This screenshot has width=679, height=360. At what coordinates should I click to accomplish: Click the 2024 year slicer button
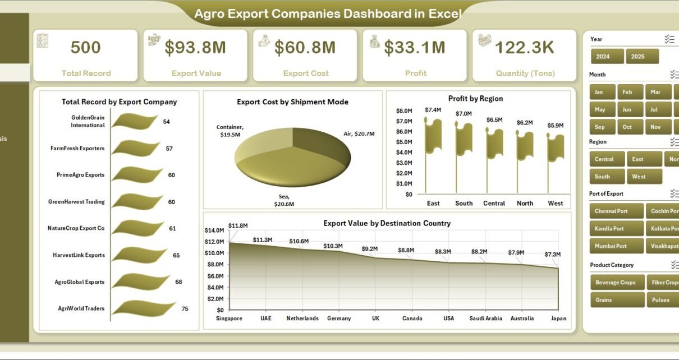pyautogui.click(x=607, y=57)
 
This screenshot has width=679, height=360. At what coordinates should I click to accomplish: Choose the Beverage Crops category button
pyautogui.click(x=615, y=283)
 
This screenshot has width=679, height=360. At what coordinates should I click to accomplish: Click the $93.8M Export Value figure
pyautogui.click(x=195, y=48)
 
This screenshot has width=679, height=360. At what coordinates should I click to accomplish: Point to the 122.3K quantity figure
pyautogui.click(x=524, y=48)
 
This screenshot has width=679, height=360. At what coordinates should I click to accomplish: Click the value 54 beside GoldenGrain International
pyautogui.click(x=167, y=122)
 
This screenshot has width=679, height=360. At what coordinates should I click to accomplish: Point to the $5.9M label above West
pyautogui.click(x=556, y=126)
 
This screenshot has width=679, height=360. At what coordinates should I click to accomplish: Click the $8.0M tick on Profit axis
pyautogui.click(x=405, y=110)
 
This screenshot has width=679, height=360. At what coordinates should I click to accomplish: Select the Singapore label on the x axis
pyautogui.click(x=230, y=319)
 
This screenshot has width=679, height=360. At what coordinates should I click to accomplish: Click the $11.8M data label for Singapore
pyautogui.click(x=238, y=225)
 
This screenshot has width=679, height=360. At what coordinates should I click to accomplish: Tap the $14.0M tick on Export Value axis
pyautogui.click(x=214, y=230)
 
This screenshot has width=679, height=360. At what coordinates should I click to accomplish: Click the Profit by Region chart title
pyautogui.click(x=475, y=99)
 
